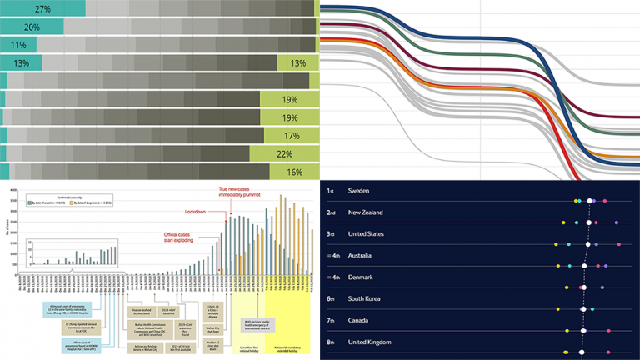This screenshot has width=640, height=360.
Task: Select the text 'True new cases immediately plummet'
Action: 255,193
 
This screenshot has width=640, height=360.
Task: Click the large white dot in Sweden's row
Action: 590,201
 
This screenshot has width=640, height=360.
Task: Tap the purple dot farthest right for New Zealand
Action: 616,222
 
